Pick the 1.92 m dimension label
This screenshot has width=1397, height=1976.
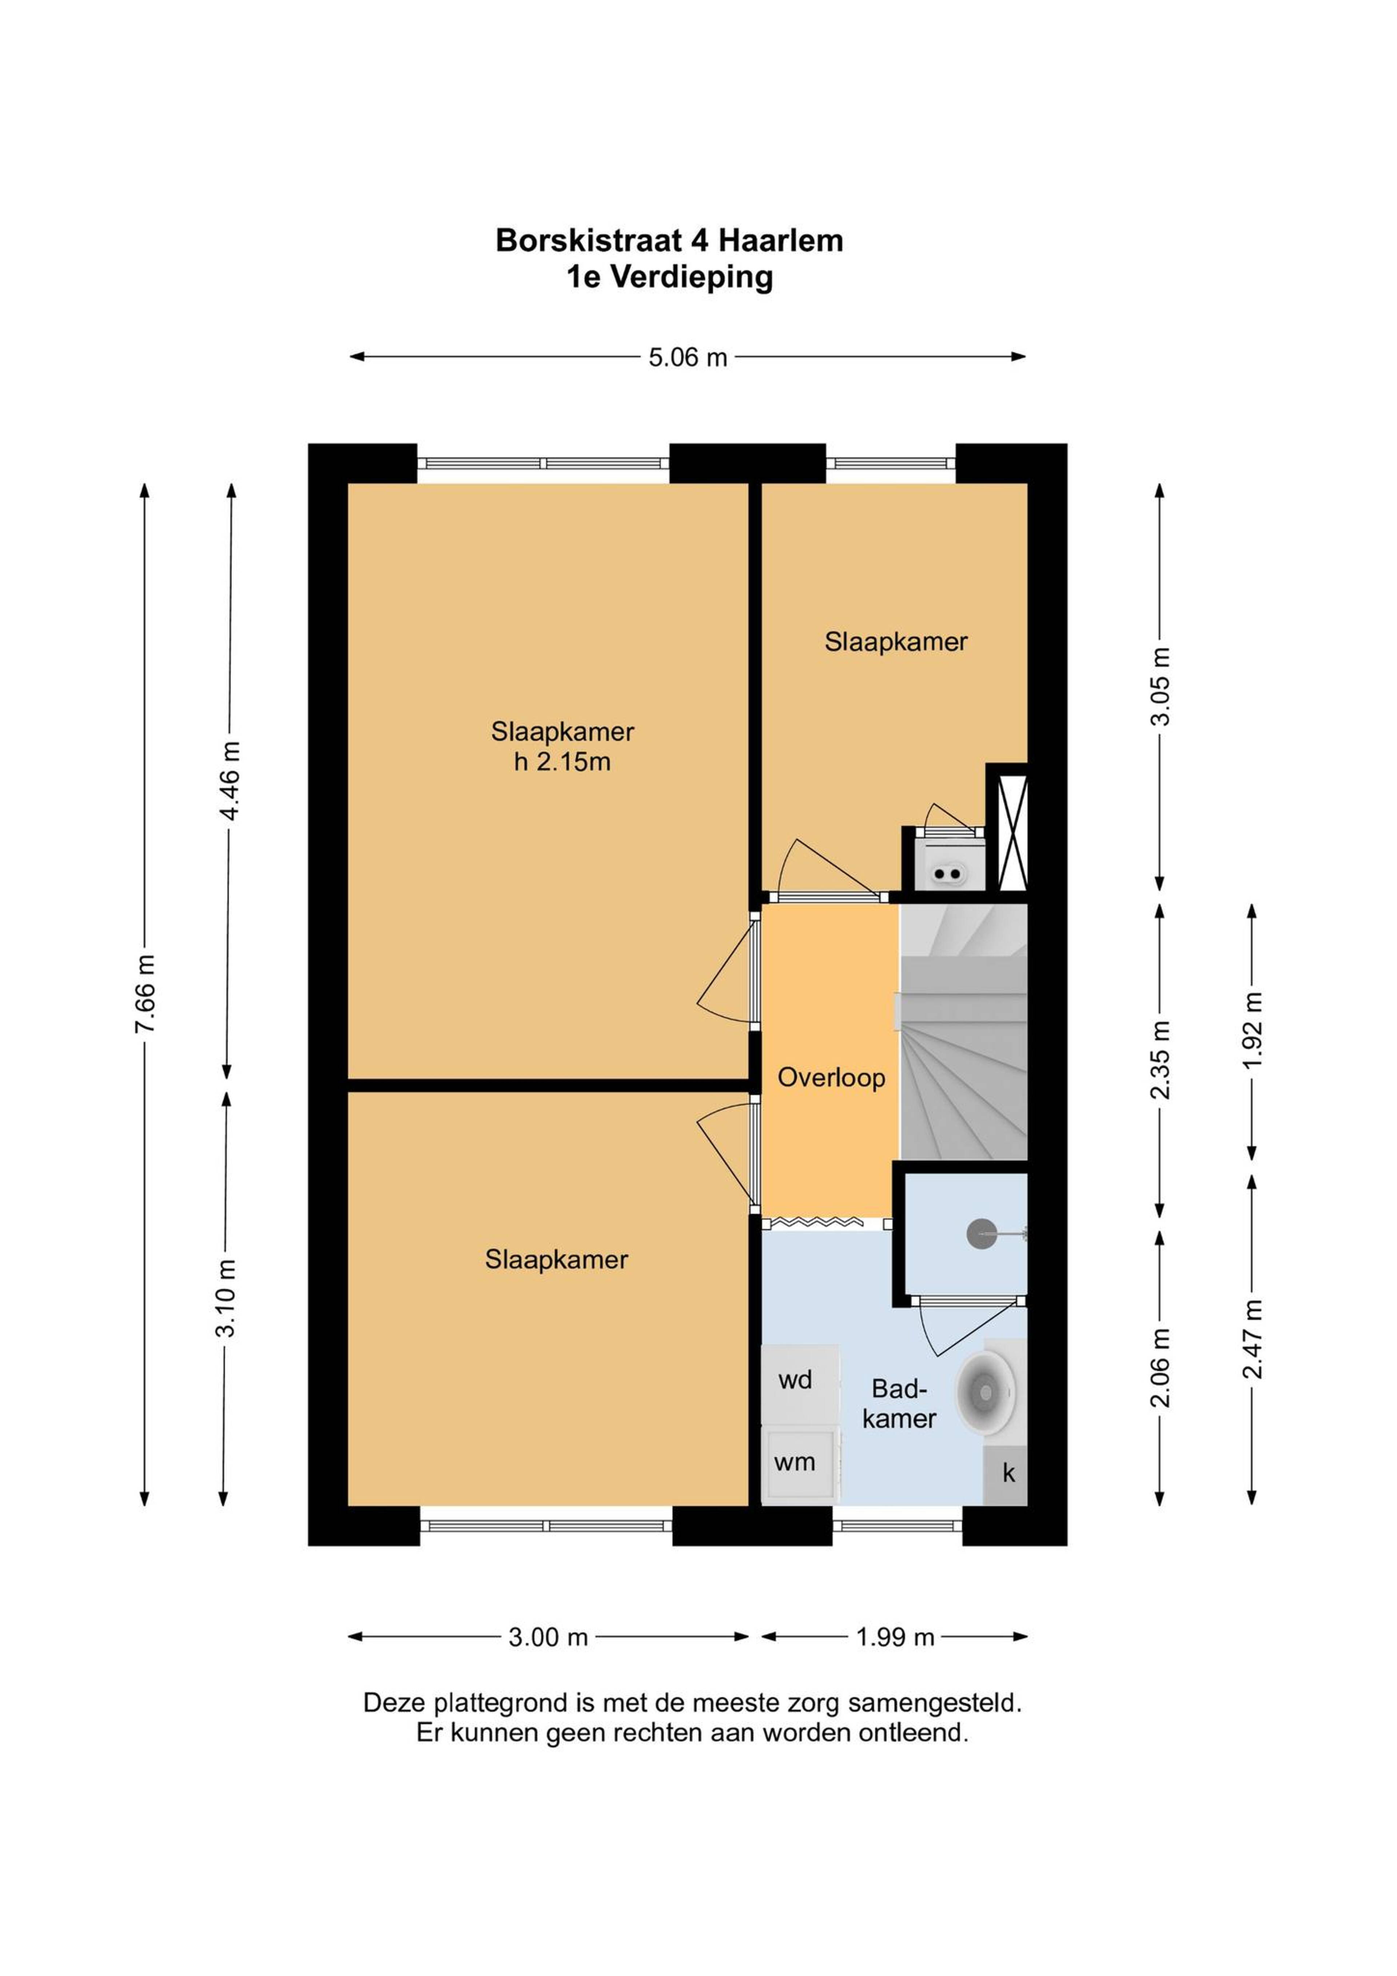click(x=1253, y=1029)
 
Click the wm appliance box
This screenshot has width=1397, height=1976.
click(x=800, y=1463)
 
